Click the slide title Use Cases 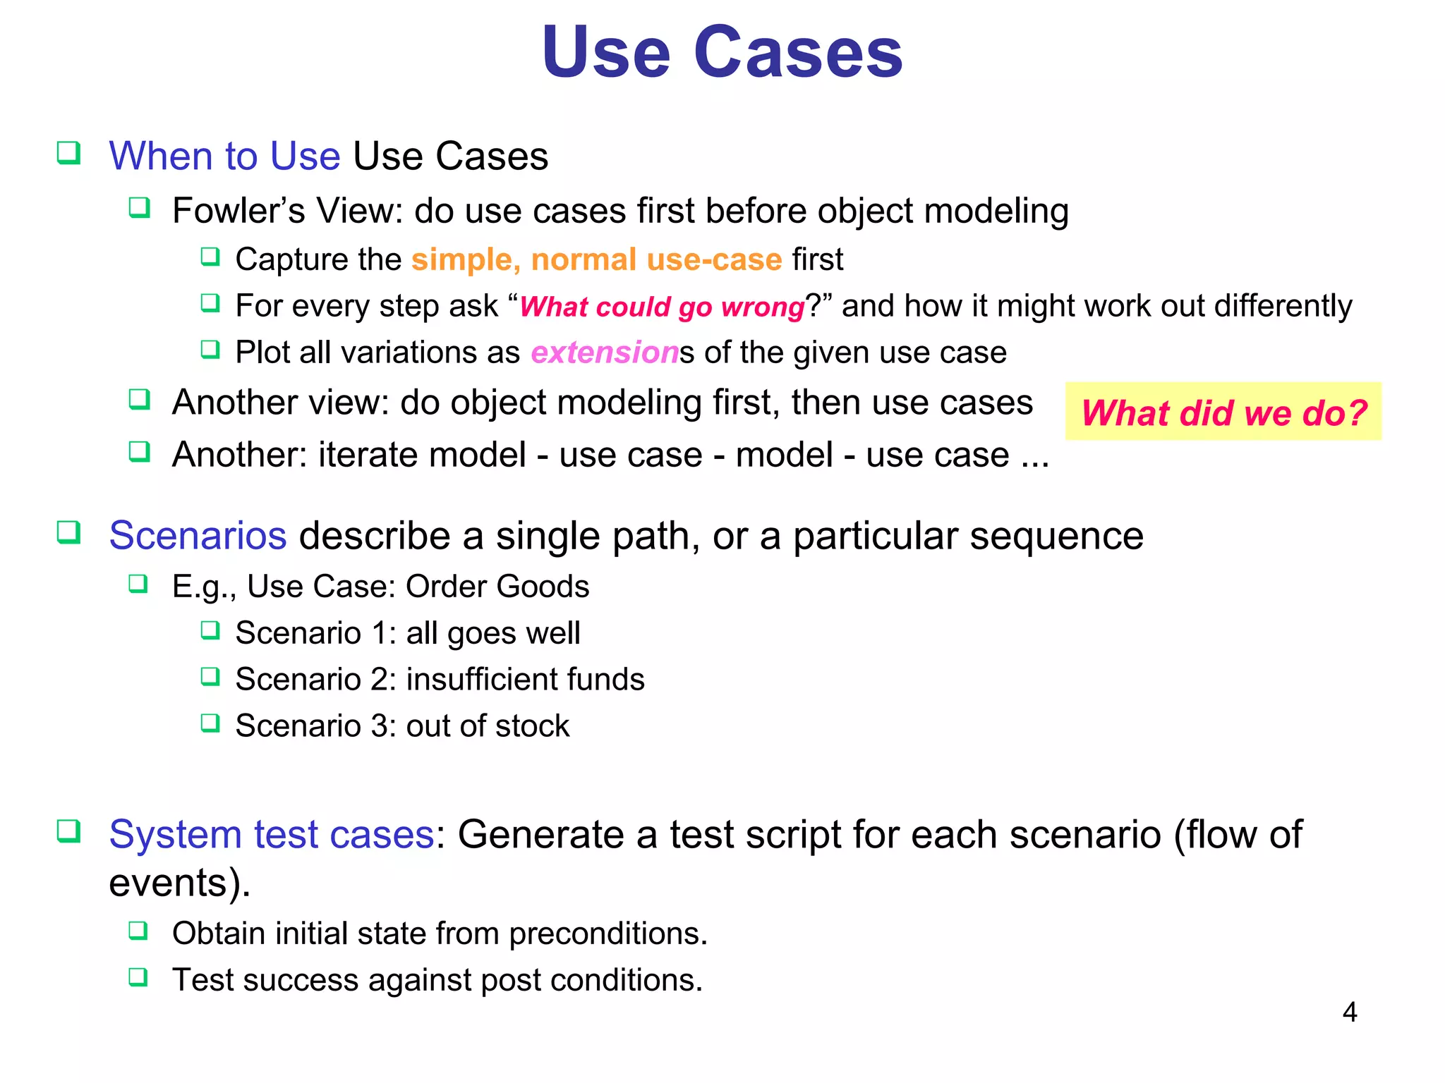click(x=722, y=53)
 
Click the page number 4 click(x=1349, y=1012)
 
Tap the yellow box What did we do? click(x=1223, y=412)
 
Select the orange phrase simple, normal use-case click(x=596, y=259)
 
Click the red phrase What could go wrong click(x=662, y=307)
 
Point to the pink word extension click(x=604, y=353)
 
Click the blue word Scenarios click(x=198, y=536)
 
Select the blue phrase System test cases click(x=272, y=835)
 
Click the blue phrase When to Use click(x=224, y=157)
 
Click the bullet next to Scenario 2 click(x=210, y=677)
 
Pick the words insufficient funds click(x=525, y=680)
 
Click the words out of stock click(x=488, y=726)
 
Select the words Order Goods click(x=497, y=587)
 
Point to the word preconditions click(x=607, y=934)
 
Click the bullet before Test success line click(x=138, y=977)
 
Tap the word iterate click(x=363, y=455)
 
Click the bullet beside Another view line click(x=139, y=400)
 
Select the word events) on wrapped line click(x=179, y=883)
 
